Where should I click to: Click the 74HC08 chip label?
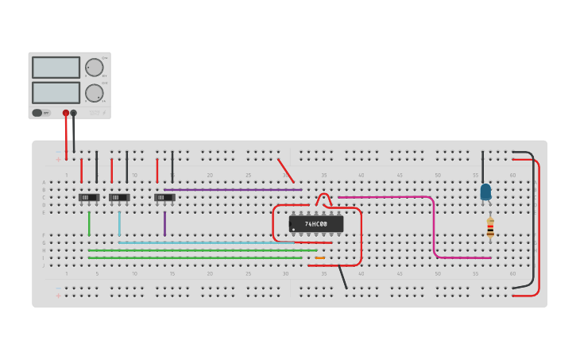coord(316,224)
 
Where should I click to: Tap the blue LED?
coord(485,192)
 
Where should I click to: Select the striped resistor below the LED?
coord(490,228)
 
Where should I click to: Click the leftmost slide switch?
coord(89,197)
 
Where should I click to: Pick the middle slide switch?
coord(119,197)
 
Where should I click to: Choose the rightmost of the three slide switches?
coord(164,197)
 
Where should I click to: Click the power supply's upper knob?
coord(94,68)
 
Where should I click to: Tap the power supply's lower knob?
coord(94,93)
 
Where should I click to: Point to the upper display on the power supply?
coord(56,68)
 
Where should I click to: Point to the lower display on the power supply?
coord(56,92)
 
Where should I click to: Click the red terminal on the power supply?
coord(66,113)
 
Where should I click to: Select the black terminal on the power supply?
coord(74,113)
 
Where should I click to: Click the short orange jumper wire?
coord(319,257)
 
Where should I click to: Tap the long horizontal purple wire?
coord(230,190)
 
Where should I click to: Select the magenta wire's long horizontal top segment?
coord(385,197)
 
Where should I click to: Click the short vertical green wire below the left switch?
coord(89,223)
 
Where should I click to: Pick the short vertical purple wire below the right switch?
coord(165,223)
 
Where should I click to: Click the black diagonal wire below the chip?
coord(343,277)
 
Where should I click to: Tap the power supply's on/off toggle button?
coord(37,113)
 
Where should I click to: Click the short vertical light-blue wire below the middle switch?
coord(119,223)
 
